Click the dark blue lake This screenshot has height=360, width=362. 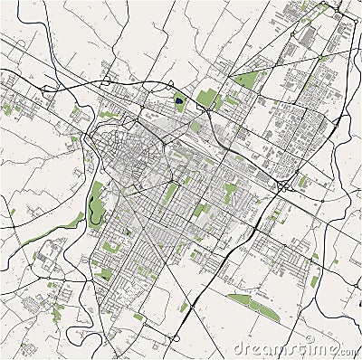[178, 100]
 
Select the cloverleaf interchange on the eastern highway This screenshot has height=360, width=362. [283, 186]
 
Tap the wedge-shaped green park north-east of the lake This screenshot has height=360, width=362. [246, 80]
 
